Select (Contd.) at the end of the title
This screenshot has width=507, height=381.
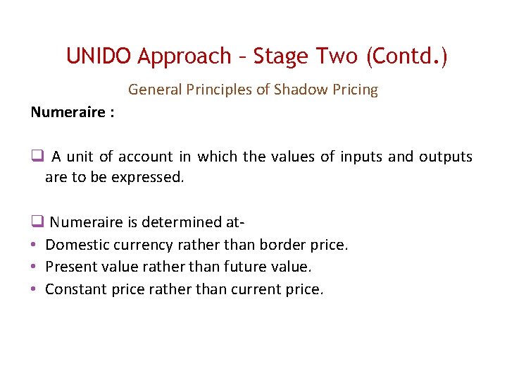point(406,56)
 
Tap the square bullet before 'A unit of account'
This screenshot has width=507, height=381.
point(37,157)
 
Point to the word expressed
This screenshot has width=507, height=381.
point(144,177)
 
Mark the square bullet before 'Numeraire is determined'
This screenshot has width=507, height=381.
point(37,222)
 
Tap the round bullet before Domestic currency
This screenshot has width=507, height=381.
point(34,245)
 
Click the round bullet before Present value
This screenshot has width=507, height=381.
point(34,267)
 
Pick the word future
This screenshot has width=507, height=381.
point(241,267)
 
